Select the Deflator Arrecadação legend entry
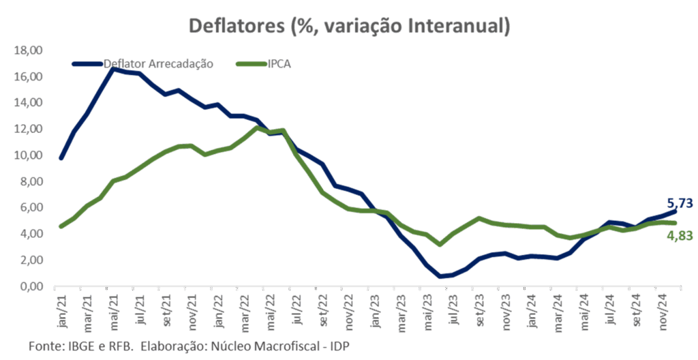158,64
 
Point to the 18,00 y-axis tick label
29,50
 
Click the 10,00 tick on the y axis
29,155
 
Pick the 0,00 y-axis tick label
31,286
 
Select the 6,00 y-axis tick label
31,208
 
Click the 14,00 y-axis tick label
29,103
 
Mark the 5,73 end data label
680,202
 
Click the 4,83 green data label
680,236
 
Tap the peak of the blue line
112,69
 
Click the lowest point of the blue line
441,276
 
